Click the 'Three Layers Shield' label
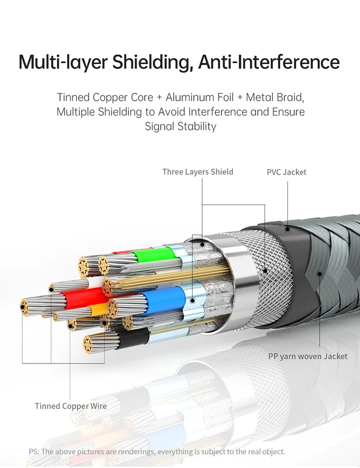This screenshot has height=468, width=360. tap(198, 172)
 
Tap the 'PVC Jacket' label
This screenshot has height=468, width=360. tap(287, 172)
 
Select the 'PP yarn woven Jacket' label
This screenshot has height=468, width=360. tap(308, 356)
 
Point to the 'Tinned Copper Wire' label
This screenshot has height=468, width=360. tap(71, 406)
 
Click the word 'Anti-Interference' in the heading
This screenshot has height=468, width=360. tap(269, 62)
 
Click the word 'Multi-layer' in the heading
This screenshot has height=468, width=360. tap(63, 62)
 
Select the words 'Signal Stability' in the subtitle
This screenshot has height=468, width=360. tap(180, 126)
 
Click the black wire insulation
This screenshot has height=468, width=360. tap(133, 337)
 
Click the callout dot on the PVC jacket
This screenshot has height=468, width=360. tap(288, 229)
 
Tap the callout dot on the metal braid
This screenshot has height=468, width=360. tap(265, 271)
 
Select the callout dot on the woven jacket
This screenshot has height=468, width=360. tap(319, 274)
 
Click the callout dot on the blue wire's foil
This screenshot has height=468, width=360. tap(193, 301)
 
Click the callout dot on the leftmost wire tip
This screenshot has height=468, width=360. tap(23, 307)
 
